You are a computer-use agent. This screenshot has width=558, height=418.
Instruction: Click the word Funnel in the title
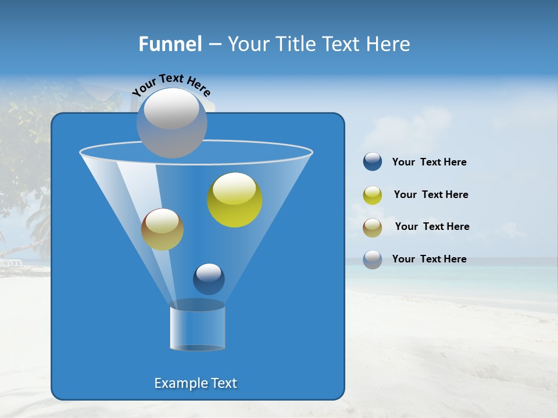[x=170, y=44]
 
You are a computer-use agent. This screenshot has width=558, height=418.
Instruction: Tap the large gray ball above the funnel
[x=171, y=122]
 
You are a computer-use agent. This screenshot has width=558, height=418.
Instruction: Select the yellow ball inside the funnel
[x=235, y=200]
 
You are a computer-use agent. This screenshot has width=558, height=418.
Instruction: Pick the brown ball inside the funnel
[x=162, y=229]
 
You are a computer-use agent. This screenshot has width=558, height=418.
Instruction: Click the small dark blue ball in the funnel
[x=209, y=279]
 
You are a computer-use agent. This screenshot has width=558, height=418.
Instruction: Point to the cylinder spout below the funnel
[x=197, y=328]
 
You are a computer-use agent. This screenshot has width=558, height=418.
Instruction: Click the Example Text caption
[x=195, y=383]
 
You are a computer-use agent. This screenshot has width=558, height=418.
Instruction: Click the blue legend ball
[x=373, y=162]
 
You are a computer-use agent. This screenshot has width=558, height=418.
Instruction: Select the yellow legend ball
[x=373, y=195]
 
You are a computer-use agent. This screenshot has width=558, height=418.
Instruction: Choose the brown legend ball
[x=373, y=227]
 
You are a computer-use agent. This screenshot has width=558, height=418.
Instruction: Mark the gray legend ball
[x=373, y=260]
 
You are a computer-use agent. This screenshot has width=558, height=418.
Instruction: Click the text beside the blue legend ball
[x=429, y=163]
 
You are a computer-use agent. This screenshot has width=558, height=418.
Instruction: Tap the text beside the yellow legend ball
[x=431, y=195]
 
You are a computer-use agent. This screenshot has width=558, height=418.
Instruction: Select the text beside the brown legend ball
[x=432, y=227]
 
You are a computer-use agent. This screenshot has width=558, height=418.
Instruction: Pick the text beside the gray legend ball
[x=429, y=260]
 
